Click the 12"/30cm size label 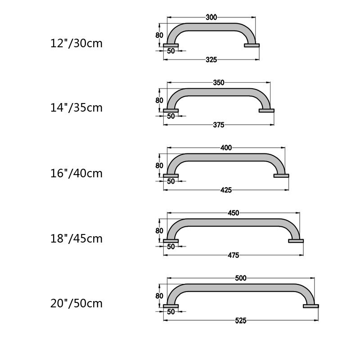76,44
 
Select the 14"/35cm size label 76,108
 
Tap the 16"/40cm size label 76,173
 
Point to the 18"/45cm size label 76,238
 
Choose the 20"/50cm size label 76,303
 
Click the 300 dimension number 211,18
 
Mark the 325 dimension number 211,59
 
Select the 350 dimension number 219,83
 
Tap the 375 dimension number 219,125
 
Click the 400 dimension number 226,148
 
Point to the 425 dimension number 226,190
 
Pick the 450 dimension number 234,213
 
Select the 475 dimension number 234,255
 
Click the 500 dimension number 241,278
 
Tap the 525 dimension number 241,320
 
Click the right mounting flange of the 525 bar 311,306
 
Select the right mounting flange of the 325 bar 252,45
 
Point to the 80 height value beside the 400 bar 159,166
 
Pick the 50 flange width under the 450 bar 171,247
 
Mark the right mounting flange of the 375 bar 266,110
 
